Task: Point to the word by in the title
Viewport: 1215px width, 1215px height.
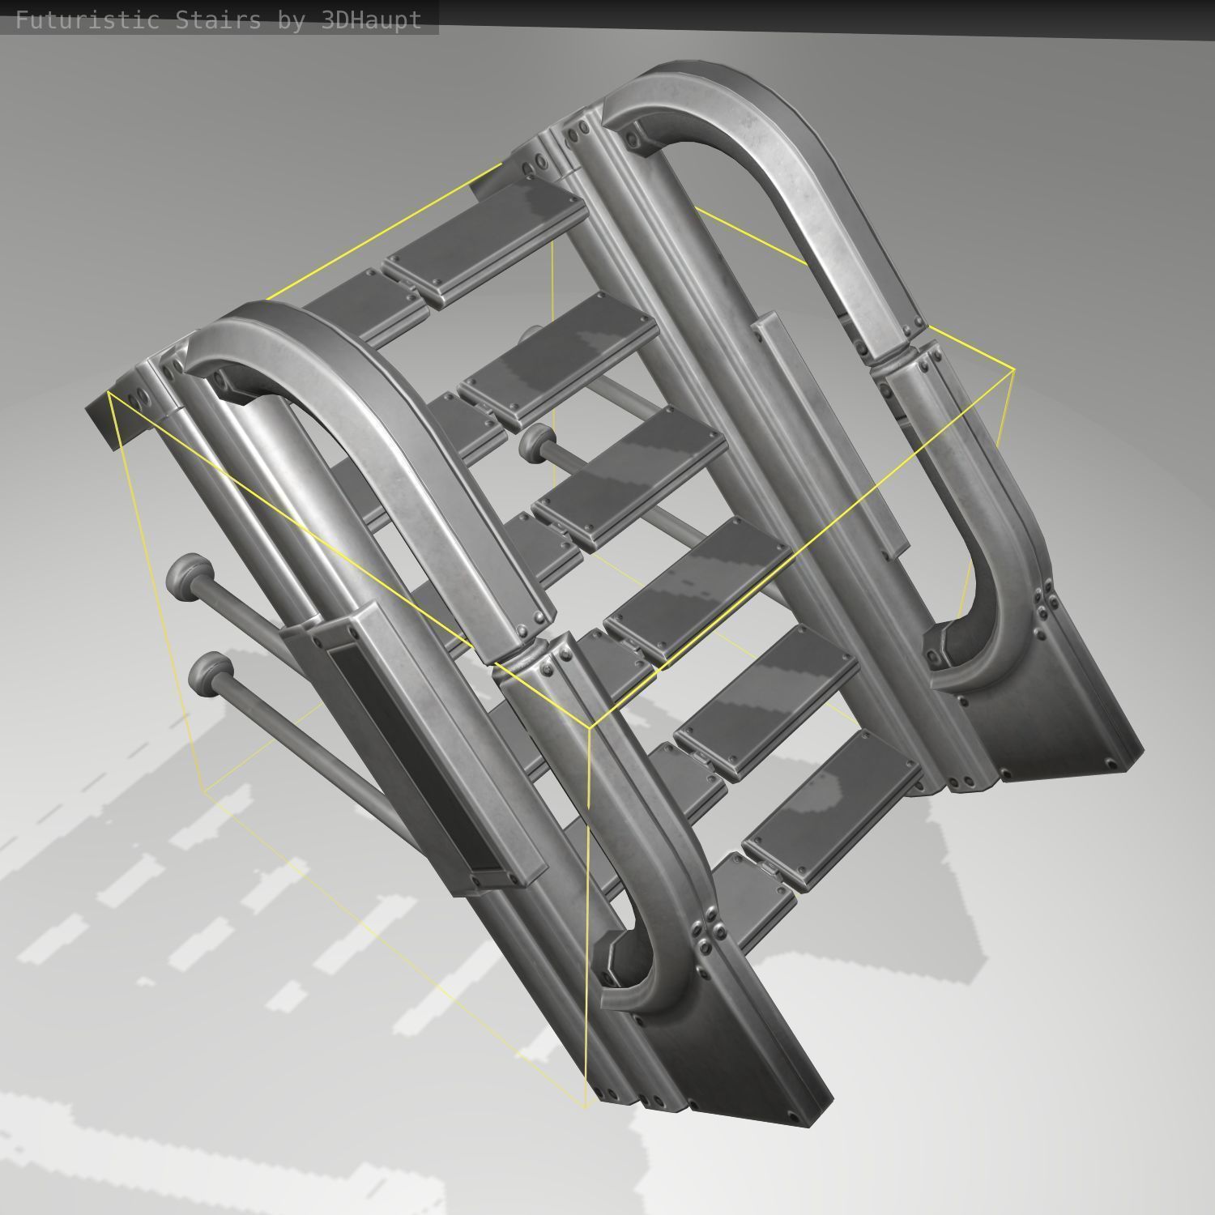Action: [x=291, y=19]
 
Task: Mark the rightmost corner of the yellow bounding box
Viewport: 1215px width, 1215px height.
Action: [x=1014, y=370]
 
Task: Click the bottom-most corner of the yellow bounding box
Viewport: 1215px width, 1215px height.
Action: [x=586, y=1106]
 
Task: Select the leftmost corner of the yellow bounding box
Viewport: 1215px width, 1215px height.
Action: [x=108, y=392]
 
